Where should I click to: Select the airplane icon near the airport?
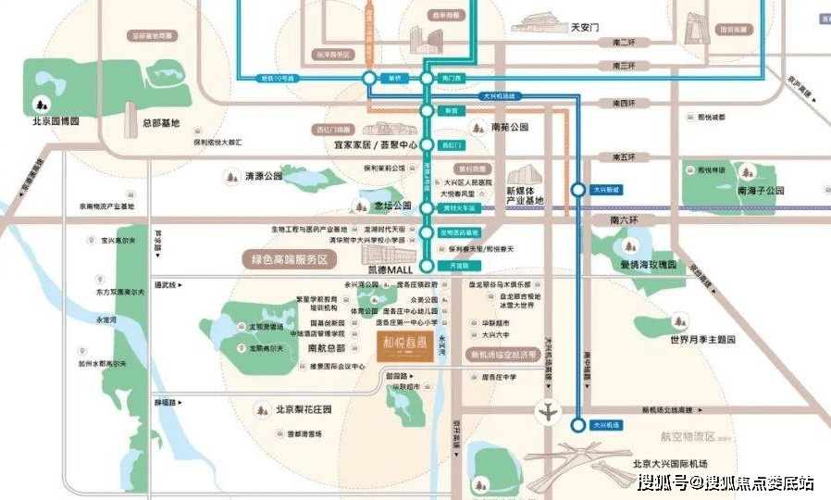point(549,411)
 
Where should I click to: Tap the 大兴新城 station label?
point(607,189)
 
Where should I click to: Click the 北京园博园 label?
point(56,121)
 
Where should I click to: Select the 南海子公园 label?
point(761,190)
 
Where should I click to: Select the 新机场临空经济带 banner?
point(503,355)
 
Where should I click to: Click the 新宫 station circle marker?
point(427,110)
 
